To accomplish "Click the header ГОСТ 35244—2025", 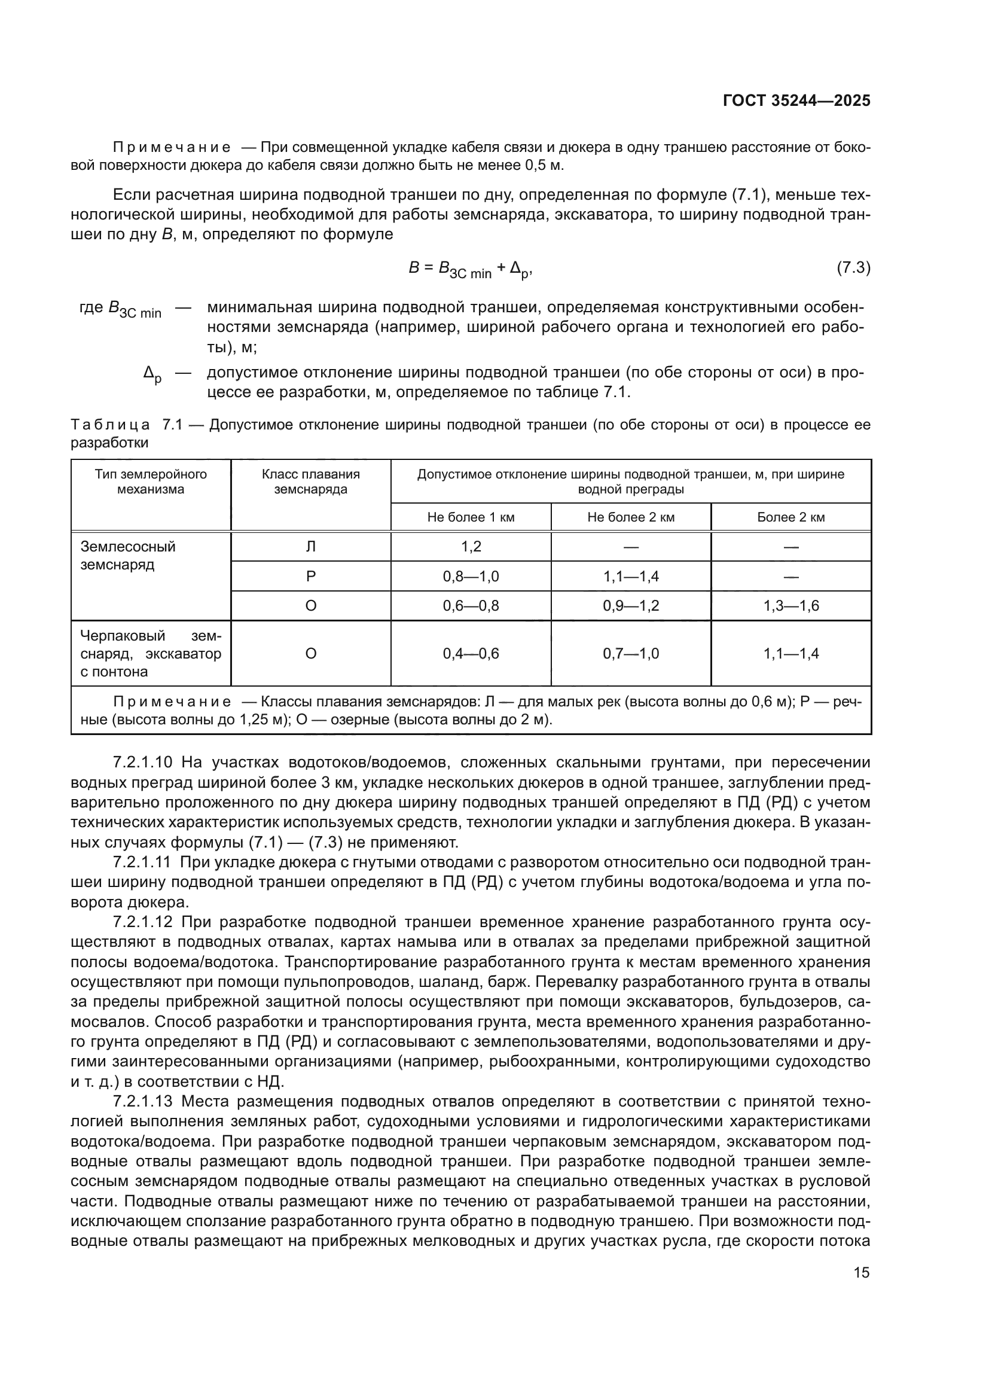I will (x=796, y=101).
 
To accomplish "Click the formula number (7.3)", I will (x=853, y=267).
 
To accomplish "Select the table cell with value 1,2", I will (x=471, y=547).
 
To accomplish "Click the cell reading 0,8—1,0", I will (x=471, y=577).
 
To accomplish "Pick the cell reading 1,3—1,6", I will (x=790, y=606).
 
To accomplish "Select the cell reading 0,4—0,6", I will (x=471, y=654).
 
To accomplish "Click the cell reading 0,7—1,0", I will (x=631, y=654).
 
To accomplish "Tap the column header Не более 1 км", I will (x=471, y=517).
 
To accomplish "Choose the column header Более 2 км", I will (x=790, y=517).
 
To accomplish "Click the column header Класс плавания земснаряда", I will (x=310, y=481).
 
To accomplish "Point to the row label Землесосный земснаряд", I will (x=128, y=555).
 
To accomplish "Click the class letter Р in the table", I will (x=310, y=577).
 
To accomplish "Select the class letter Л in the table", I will (x=310, y=547).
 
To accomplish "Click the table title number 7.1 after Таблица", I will (x=173, y=425).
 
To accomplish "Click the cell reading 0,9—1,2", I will (x=631, y=606).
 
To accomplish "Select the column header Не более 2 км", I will (x=631, y=517).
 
